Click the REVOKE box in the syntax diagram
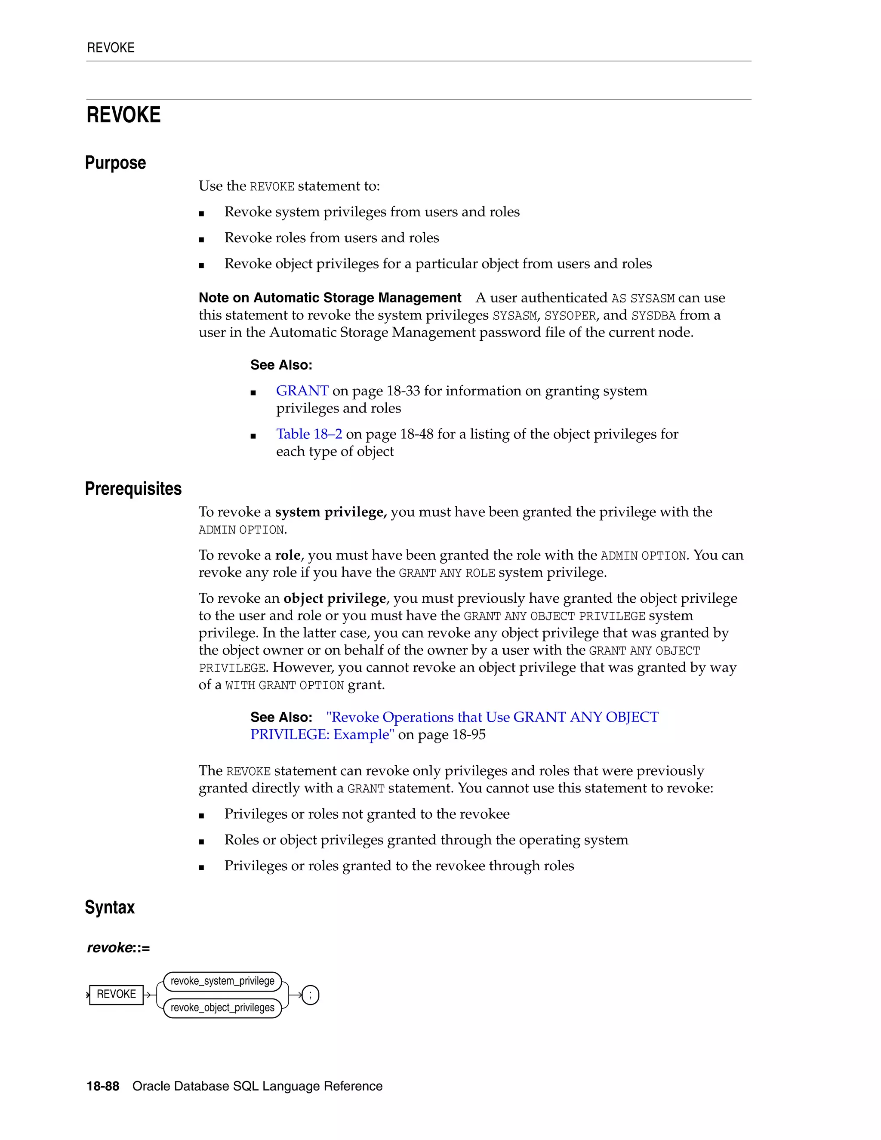click(x=116, y=994)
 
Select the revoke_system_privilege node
click(x=222, y=981)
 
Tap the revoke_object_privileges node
click(x=222, y=1008)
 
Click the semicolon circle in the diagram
click(x=311, y=995)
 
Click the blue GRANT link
click(x=302, y=391)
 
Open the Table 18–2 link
click(x=309, y=434)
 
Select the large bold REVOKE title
click(x=124, y=115)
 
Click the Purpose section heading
click(x=115, y=163)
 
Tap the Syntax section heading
click(x=110, y=907)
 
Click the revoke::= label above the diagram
click(x=118, y=948)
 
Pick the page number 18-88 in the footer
click(x=103, y=1086)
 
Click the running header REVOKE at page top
click(x=111, y=48)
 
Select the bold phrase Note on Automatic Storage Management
click(x=330, y=298)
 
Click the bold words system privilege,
click(x=331, y=512)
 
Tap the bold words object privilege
click(x=335, y=598)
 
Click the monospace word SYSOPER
click(x=570, y=316)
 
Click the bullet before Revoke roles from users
click(x=201, y=240)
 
